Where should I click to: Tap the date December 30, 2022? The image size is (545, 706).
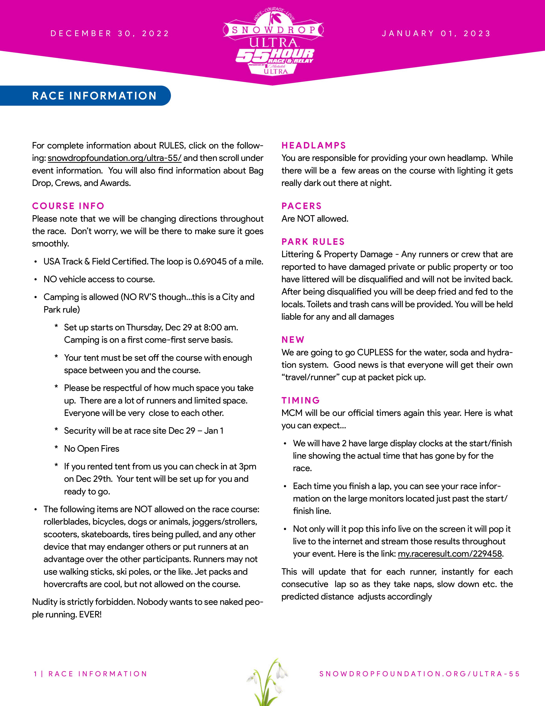click(110, 34)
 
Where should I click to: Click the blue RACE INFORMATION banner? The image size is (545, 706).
click(94, 96)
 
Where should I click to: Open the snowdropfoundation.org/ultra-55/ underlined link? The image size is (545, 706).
click(115, 158)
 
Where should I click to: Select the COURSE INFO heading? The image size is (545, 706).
click(68, 206)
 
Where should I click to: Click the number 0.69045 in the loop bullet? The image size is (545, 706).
click(210, 261)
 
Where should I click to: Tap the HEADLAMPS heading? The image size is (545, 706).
click(314, 145)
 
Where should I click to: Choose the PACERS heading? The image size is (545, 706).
click(301, 206)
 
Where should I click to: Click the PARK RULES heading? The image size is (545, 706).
click(313, 242)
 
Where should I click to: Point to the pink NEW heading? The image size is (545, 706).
click(293, 340)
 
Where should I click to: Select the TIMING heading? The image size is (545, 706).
click(300, 400)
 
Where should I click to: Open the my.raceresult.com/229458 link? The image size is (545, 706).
click(450, 554)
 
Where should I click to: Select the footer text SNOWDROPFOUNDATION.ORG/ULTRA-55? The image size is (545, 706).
click(419, 674)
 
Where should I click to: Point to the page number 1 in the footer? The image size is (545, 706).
click(35, 674)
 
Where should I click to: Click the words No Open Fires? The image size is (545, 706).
click(92, 449)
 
